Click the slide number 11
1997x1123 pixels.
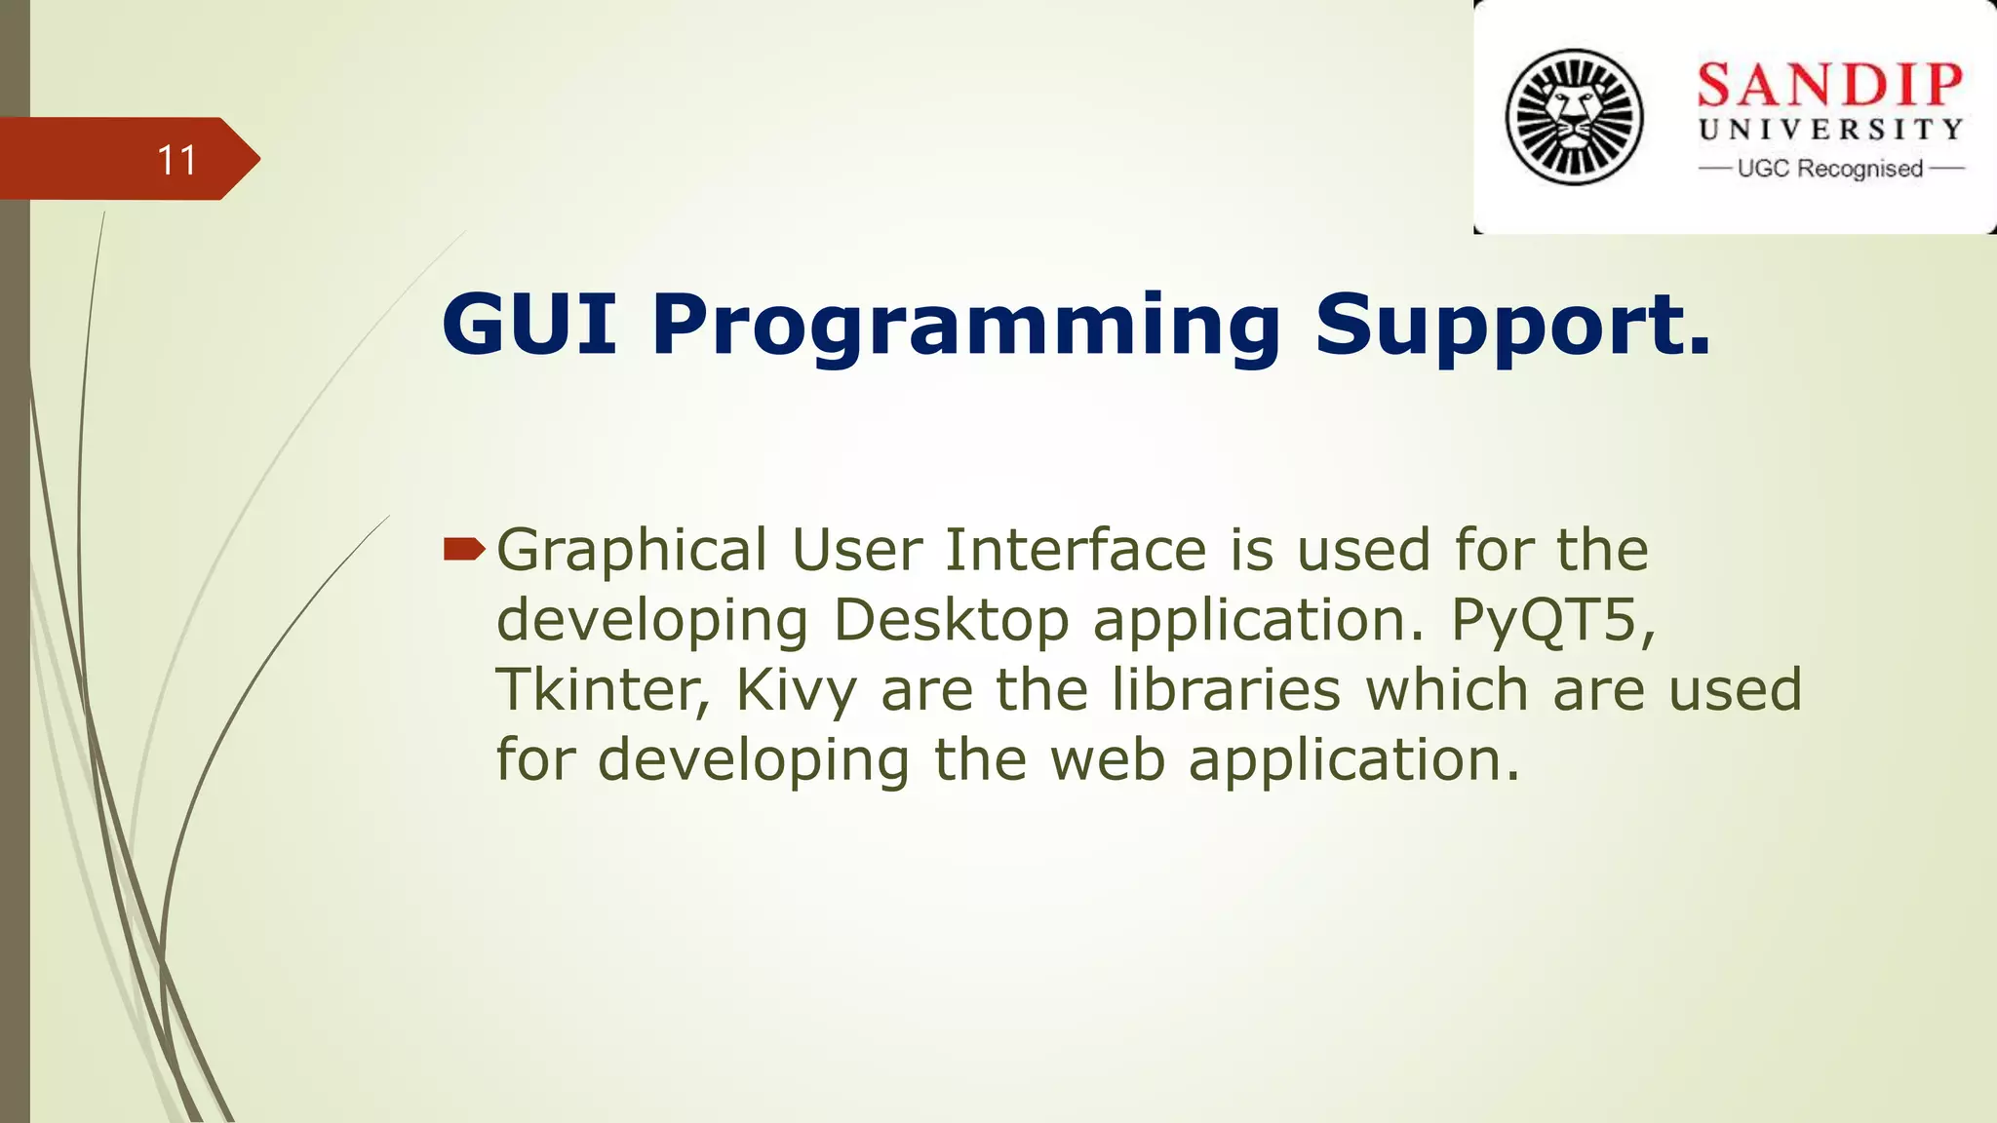tap(176, 160)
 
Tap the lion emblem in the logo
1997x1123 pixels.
tap(1574, 117)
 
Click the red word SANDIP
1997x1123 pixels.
tap(1829, 85)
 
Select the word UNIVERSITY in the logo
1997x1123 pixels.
tap(1830, 130)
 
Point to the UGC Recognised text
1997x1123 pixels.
tap(1829, 169)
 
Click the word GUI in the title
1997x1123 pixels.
tap(529, 324)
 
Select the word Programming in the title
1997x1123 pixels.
tap(965, 328)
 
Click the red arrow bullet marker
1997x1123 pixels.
tap(463, 551)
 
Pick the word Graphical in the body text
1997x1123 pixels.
tap(632, 552)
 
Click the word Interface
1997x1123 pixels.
tap(1075, 550)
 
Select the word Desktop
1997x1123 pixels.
tap(951, 621)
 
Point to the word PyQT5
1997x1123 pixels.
tap(1551, 621)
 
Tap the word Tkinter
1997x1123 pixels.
tap(603, 690)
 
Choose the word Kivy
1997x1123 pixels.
tap(796, 692)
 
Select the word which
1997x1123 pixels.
tap(1447, 690)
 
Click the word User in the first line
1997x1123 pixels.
tap(856, 550)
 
